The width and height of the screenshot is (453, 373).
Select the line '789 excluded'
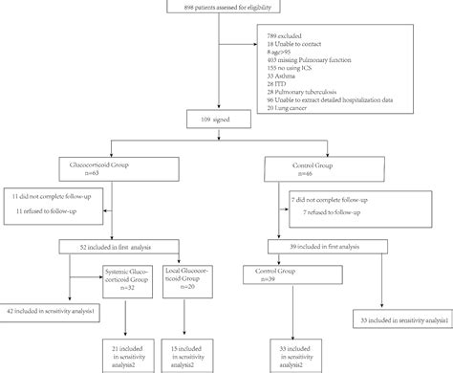click(288, 33)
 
